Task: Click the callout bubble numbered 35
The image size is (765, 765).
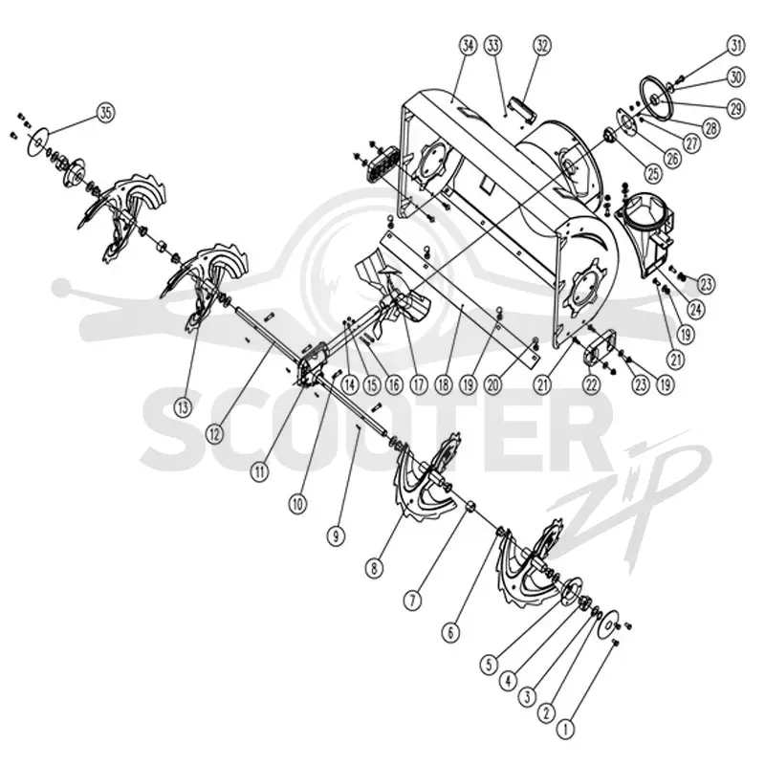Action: [105, 113]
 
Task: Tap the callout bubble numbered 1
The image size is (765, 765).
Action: [565, 730]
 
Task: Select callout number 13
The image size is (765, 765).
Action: [183, 407]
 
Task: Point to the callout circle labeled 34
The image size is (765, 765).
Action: [468, 46]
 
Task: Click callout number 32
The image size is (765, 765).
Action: [541, 46]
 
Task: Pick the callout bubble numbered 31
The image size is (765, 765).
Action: [735, 46]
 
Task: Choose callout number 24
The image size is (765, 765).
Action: [696, 309]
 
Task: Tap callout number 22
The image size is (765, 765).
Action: [591, 385]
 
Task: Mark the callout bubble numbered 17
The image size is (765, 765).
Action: [418, 385]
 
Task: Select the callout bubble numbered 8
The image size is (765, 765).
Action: [374, 568]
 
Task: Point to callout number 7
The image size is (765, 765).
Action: [412, 601]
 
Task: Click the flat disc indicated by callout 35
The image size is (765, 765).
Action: [38, 141]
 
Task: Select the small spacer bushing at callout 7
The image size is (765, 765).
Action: [471, 506]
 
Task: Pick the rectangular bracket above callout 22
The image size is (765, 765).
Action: [602, 347]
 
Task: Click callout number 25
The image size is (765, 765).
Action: [652, 173]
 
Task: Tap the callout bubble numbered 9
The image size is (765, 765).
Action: [336, 536]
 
